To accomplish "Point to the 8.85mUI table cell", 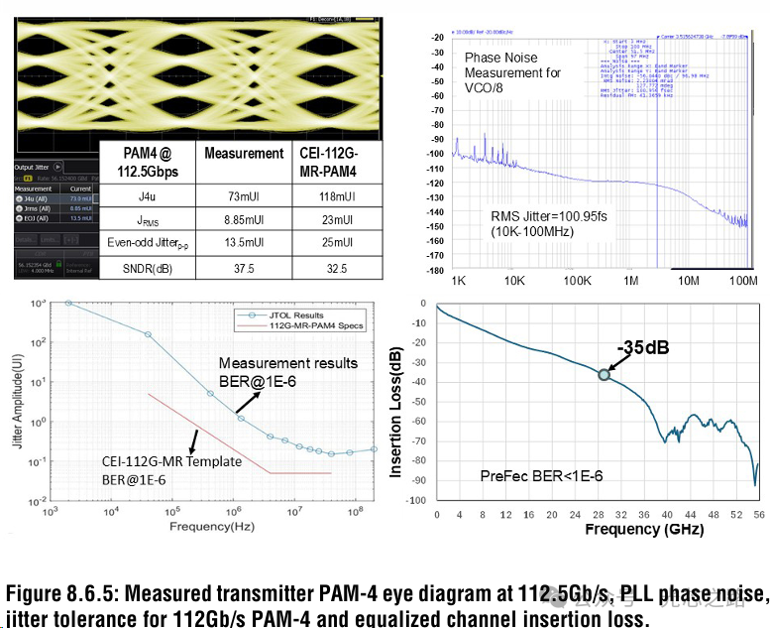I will coord(243,220).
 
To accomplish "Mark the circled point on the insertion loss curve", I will coord(605,374).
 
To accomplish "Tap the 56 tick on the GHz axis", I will coord(758,515).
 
